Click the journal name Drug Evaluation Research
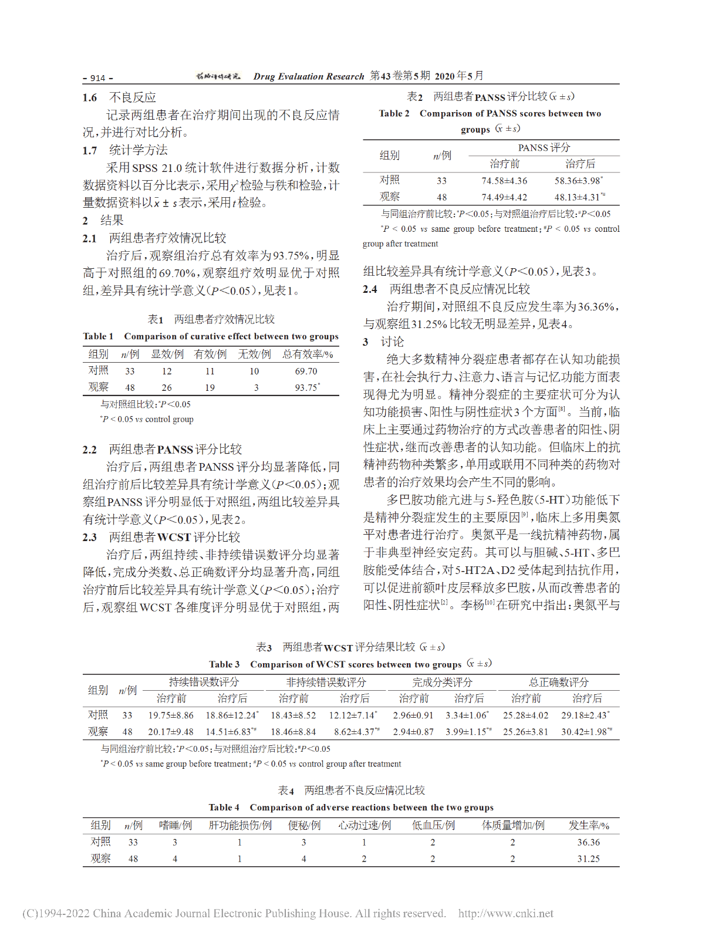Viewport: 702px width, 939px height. (x=309, y=76)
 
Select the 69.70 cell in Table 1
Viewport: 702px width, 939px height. (x=306, y=371)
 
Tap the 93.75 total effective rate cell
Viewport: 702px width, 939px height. (x=306, y=387)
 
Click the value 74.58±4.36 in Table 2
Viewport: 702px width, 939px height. (x=504, y=181)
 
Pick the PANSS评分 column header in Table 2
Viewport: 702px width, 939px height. (x=544, y=147)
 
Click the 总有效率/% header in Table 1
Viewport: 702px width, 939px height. (x=308, y=354)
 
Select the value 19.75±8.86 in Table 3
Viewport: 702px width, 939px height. (x=171, y=715)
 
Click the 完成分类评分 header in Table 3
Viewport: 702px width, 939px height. (x=442, y=682)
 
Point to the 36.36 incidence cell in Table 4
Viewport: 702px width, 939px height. (x=588, y=842)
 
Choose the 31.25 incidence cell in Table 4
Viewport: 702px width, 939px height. (x=588, y=859)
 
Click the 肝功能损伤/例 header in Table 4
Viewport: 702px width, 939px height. (x=240, y=825)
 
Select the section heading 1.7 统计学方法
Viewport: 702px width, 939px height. (x=125, y=150)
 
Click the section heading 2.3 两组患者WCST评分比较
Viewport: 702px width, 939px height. (x=161, y=537)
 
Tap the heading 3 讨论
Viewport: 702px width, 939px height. (x=384, y=342)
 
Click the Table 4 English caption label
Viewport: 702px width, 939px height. (x=224, y=808)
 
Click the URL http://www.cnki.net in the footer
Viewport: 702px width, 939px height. (x=505, y=913)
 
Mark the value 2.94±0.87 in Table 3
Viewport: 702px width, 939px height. (x=413, y=731)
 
